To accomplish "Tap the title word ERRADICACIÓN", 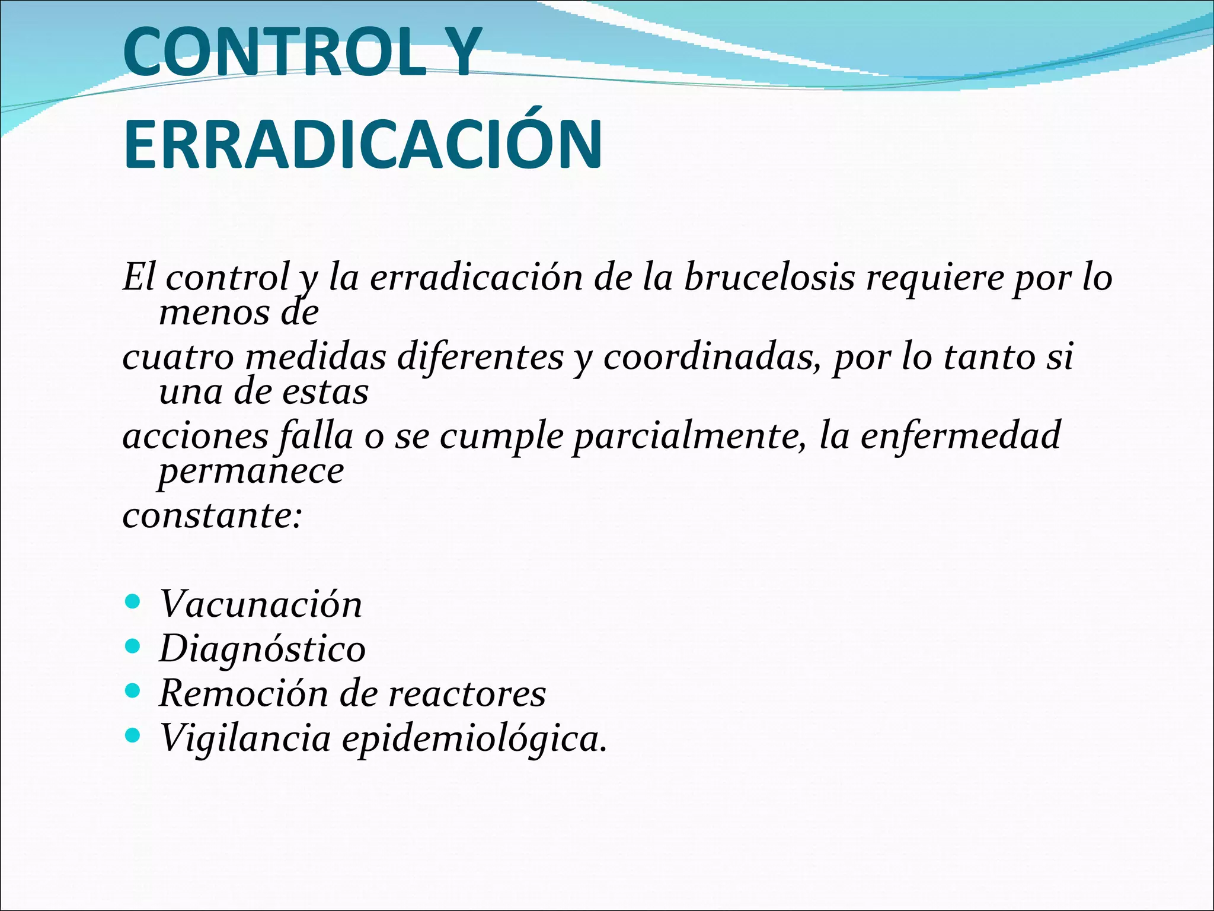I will click(363, 145).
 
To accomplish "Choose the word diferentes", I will click(480, 358).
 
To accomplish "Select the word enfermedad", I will click(960, 435).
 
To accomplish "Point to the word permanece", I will click(251, 471).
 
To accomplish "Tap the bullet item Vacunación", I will click(261, 604).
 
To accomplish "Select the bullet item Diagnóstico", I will click(263, 649).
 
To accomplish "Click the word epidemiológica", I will click(474, 739).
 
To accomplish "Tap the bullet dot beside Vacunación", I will click(133, 602).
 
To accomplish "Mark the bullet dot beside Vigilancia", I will click(133, 736).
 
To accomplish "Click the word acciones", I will click(196, 437).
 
